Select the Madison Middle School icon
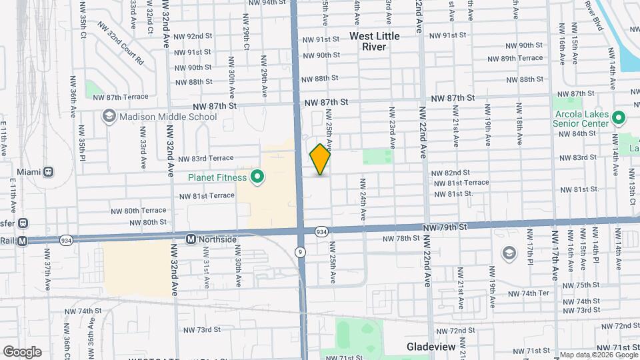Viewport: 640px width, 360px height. coord(108,117)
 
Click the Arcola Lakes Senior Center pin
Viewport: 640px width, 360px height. coord(619,118)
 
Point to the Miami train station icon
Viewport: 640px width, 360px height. coord(49,172)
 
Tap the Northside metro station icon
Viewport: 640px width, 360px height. coord(191,239)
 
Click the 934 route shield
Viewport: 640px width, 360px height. coord(321,231)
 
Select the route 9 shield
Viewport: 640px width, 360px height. coord(300,251)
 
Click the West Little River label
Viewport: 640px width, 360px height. coord(375,41)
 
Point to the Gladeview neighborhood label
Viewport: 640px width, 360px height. coord(431,347)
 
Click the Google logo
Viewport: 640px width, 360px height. coord(22,351)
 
